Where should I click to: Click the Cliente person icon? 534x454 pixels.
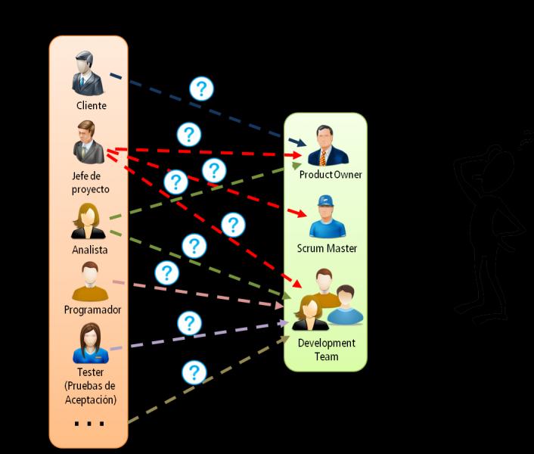89,73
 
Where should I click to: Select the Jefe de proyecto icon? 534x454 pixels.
89,142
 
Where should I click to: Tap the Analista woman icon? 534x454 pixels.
89,222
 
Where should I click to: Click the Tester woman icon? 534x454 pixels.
90,344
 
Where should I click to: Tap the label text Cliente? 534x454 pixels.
91,106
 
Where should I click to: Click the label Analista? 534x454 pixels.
90,250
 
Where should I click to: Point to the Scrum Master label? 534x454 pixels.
327,248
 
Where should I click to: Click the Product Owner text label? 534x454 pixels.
331,175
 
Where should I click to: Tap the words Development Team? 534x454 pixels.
326,349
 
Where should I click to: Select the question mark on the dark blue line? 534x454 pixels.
200,89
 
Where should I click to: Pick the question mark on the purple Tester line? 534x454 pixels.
189,324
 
